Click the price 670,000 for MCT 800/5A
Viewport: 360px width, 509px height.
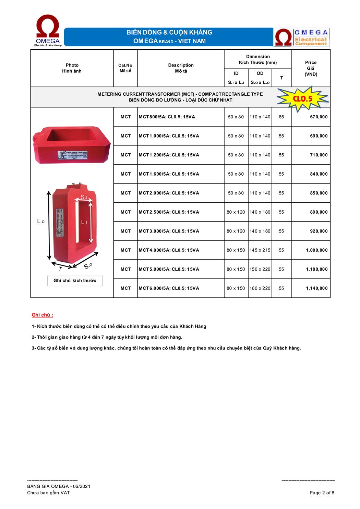[319, 117]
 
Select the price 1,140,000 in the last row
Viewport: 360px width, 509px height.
[316, 288]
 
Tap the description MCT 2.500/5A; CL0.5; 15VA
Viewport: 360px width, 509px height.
[169, 212]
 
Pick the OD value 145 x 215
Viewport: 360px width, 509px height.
[260, 250]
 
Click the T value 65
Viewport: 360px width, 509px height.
[281, 117]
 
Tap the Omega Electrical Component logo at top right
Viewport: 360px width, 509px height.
[301, 37]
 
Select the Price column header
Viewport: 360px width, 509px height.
[311, 68]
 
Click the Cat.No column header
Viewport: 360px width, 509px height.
[125, 68]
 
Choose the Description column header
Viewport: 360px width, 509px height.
[181, 68]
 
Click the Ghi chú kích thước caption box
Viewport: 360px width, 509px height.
[75, 281]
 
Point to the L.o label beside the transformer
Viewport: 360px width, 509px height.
[41, 222]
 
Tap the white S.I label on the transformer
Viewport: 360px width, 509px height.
[84, 197]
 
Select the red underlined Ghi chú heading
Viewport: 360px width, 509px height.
[42, 315]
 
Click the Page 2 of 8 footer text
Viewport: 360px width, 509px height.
[322, 493]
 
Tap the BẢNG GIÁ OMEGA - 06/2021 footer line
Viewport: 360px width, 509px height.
[59, 487]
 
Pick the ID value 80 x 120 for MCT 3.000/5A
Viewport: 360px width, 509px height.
[236, 231]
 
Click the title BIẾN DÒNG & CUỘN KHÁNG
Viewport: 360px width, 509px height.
[169, 32]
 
